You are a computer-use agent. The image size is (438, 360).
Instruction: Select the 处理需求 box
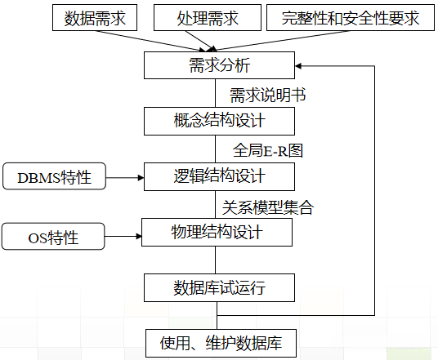208,17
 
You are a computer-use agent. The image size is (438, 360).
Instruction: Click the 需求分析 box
218,64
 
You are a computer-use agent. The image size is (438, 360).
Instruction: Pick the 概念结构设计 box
218,121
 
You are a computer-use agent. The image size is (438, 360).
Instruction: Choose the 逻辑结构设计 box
218,176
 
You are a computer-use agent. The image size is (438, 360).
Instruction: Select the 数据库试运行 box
218,287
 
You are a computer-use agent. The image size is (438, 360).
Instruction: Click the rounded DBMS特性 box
54,176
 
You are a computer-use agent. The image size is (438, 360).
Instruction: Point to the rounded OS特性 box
54,238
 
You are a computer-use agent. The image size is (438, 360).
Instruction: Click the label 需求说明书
268,94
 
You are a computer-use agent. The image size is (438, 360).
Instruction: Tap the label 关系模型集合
268,206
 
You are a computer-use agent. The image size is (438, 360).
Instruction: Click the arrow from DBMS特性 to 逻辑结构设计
125,176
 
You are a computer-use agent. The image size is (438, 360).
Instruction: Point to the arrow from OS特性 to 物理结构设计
123,237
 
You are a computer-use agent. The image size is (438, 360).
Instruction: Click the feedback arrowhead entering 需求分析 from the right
300,64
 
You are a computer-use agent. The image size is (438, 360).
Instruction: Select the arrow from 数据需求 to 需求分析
155,41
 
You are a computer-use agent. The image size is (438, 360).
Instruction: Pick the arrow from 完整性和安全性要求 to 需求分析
278,41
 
